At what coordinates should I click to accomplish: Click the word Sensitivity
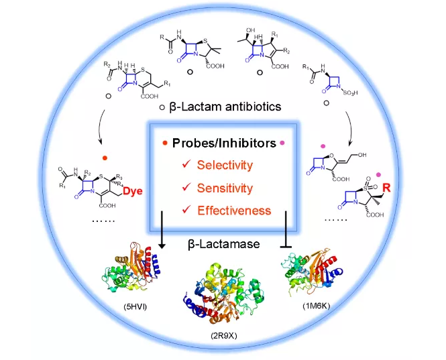[x=225, y=188]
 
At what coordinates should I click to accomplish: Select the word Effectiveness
[x=234, y=211]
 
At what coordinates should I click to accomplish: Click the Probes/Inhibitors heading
[x=223, y=143]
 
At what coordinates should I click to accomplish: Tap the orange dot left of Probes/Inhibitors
[x=165, y=143]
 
